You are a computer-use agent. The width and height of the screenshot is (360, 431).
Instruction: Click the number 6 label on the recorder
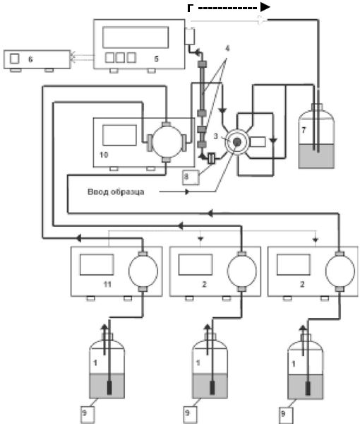click(x=30, y=59)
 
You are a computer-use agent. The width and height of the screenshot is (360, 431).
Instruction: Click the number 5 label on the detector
click(x=156, y=59)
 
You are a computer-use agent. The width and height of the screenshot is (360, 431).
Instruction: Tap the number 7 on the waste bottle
click(x=304, y=130)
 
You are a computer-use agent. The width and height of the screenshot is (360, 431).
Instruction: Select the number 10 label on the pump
click(x=104, y=155)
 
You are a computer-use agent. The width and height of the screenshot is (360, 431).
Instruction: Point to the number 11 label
click(x=107, y=284)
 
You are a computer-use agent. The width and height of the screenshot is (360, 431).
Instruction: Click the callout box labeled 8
click(x=191, y=177)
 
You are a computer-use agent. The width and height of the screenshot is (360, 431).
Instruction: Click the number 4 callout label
click(x=227, y=49)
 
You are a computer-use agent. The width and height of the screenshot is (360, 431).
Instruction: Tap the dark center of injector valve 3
click(x=236, y=142)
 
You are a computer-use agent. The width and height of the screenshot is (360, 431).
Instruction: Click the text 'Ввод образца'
click(x=116, y=191)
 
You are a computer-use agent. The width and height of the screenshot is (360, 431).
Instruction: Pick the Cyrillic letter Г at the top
click(x=190, y=8)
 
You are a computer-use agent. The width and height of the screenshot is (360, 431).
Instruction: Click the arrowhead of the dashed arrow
click(x=265, y=8)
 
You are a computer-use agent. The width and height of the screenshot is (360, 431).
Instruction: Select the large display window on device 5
click(x=136, y=37)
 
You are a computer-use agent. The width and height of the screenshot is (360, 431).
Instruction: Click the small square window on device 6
click(x=15, y=59)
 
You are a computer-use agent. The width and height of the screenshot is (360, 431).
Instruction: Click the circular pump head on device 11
click(x=143, y=271)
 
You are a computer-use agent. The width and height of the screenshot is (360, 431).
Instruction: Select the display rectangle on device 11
click(x=97, y=265)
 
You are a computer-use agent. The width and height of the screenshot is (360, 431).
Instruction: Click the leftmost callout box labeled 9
click(x=88, y=415)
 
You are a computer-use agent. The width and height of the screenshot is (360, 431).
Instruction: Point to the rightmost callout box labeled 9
click(x=286, y=415)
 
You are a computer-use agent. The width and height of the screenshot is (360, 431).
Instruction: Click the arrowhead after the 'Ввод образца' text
click(x=188, y=191)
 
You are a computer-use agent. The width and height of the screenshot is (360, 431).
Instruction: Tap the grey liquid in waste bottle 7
click(x=316, y=156)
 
